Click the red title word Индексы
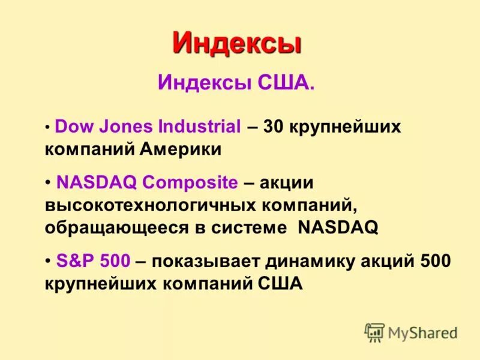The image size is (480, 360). (x=236, y=43)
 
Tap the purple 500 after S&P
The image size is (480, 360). (x=115, y=261)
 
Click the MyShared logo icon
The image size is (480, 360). (x=374, y=332)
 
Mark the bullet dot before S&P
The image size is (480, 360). (x=47, y=262)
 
